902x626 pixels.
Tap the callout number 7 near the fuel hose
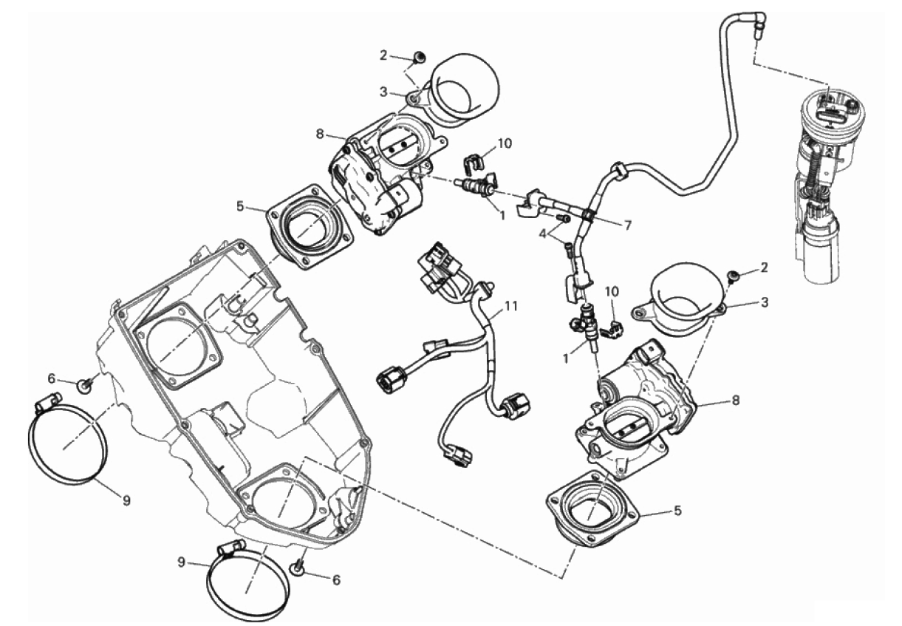click(627, 225)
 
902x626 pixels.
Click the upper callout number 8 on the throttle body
click(320, 135)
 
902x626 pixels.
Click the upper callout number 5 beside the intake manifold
click(239, 207)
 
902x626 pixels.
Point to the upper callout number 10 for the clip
click(505, 143)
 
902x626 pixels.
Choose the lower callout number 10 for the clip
click(612, 293)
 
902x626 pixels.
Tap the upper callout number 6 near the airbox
click(51, 378)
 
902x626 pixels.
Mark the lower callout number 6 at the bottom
click(336, 580)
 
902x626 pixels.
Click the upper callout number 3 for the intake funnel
click(383, 91)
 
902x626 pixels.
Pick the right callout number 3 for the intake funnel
click(765, 302)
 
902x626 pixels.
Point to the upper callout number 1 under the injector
click(502, 216)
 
